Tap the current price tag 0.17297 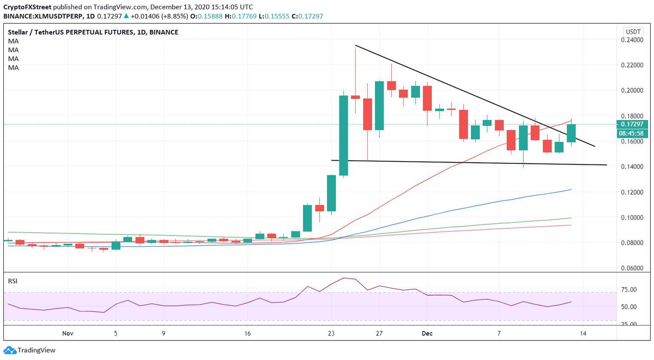632,124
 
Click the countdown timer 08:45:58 632,133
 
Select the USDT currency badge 633,32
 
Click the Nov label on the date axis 68,334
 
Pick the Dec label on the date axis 427,334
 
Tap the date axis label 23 331,334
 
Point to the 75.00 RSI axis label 629,290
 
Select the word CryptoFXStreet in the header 28,7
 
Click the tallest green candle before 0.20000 343,135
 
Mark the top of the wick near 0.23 355,49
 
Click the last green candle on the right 571,133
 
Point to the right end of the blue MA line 571,190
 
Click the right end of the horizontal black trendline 606,165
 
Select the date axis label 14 583,334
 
